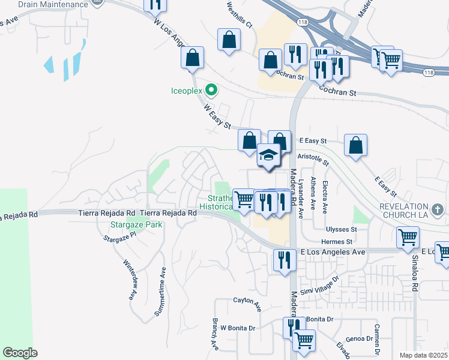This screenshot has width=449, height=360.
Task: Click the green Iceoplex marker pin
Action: click(x=211, y=91)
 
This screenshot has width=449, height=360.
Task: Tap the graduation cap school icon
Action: click(x=268, y=155)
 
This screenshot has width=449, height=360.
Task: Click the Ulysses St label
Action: click(x=342, y=230)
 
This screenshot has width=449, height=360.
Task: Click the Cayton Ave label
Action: click(x=247, y=303)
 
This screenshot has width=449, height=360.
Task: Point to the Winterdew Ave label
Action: click(x=129, y=279)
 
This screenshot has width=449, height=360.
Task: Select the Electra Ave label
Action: click(x=325, y=194)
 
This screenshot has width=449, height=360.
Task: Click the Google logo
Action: click(x=20, y=353)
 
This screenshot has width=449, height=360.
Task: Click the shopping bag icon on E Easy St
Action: click(x=355, y=145)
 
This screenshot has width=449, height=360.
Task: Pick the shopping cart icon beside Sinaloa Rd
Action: click(x=408, y=237)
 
